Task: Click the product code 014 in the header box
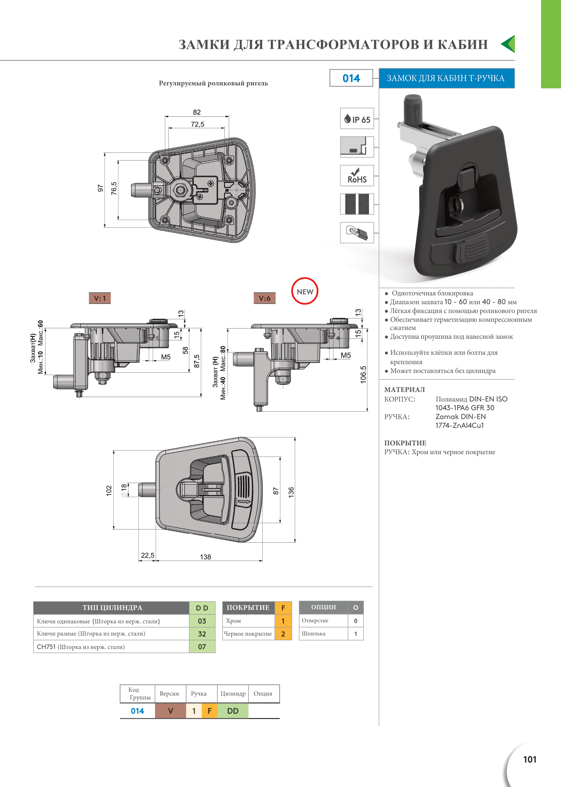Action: [x=351, y=78]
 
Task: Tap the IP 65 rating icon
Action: [x=357, y=118]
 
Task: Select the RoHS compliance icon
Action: [x=357, y=175]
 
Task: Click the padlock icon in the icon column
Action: [x=357, y=233]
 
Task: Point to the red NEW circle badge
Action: [x=305, y=291]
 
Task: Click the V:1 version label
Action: [x=100, y=298]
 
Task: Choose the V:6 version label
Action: [x=265, y=298]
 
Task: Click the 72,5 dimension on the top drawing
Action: [x=198, y=124]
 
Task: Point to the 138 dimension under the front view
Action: [x=205, y=557]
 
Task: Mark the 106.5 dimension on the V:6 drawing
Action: [x=363, y=374]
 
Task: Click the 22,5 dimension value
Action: [x=147, y=555]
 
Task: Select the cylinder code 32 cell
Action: [x=202, y=634]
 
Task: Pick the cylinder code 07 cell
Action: [x=202, y=647]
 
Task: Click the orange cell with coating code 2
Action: [x=283, y=634]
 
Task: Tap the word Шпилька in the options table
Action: [x=313, y=634]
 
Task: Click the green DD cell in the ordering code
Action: [x=233, y=711]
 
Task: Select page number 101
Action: [x=530, y=759]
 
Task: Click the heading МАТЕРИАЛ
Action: [x=405, y=390]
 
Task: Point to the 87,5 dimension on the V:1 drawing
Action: [x=197, y=361]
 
